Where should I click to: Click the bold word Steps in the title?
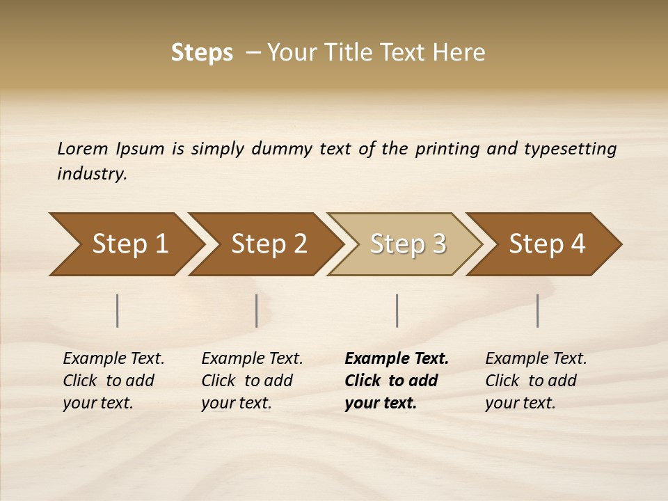[202, 53]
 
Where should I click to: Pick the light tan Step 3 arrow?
[408, 244]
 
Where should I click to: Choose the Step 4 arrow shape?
[547, 244]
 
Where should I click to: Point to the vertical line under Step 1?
[118, 310]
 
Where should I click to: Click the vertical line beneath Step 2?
[257, 310]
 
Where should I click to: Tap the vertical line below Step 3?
[397, 310]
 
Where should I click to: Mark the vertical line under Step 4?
[538, 310]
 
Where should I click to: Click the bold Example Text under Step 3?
[397, 359]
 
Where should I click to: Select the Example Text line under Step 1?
[113, 359]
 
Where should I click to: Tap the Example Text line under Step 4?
[536, 359]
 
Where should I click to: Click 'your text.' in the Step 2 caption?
[236, 404]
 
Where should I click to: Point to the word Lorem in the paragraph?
[83, 149]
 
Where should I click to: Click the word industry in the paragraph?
[91, 174]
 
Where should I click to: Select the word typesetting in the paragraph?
[570, 149]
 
